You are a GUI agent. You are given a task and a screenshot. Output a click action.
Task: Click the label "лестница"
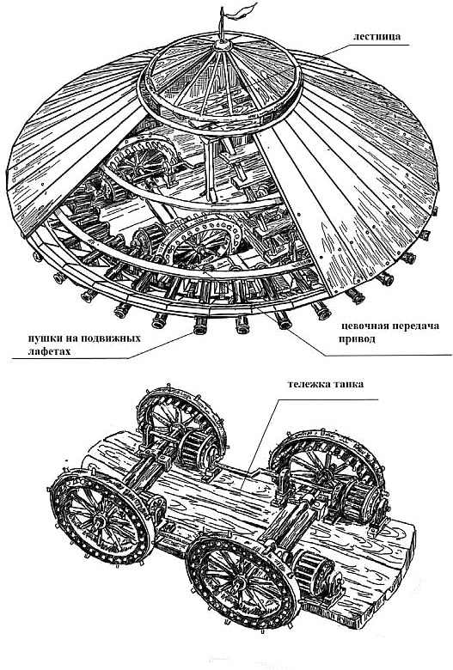(x=376, y=36)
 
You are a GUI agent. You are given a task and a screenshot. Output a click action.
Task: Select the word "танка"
(x=349, y=384)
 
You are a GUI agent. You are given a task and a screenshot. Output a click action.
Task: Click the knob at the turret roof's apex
(x=223, y=44)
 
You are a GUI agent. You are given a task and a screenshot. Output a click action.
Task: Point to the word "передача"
(x=414, y=326)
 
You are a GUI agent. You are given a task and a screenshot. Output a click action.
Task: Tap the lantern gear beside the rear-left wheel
(x=196, y=448)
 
